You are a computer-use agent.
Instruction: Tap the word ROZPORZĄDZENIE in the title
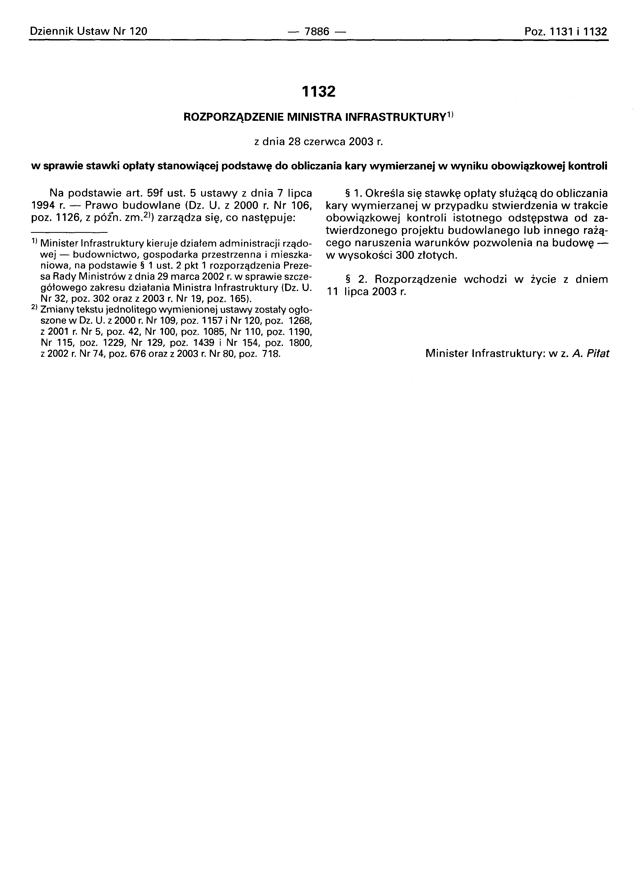pyautogui.click(x=235, y=117)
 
